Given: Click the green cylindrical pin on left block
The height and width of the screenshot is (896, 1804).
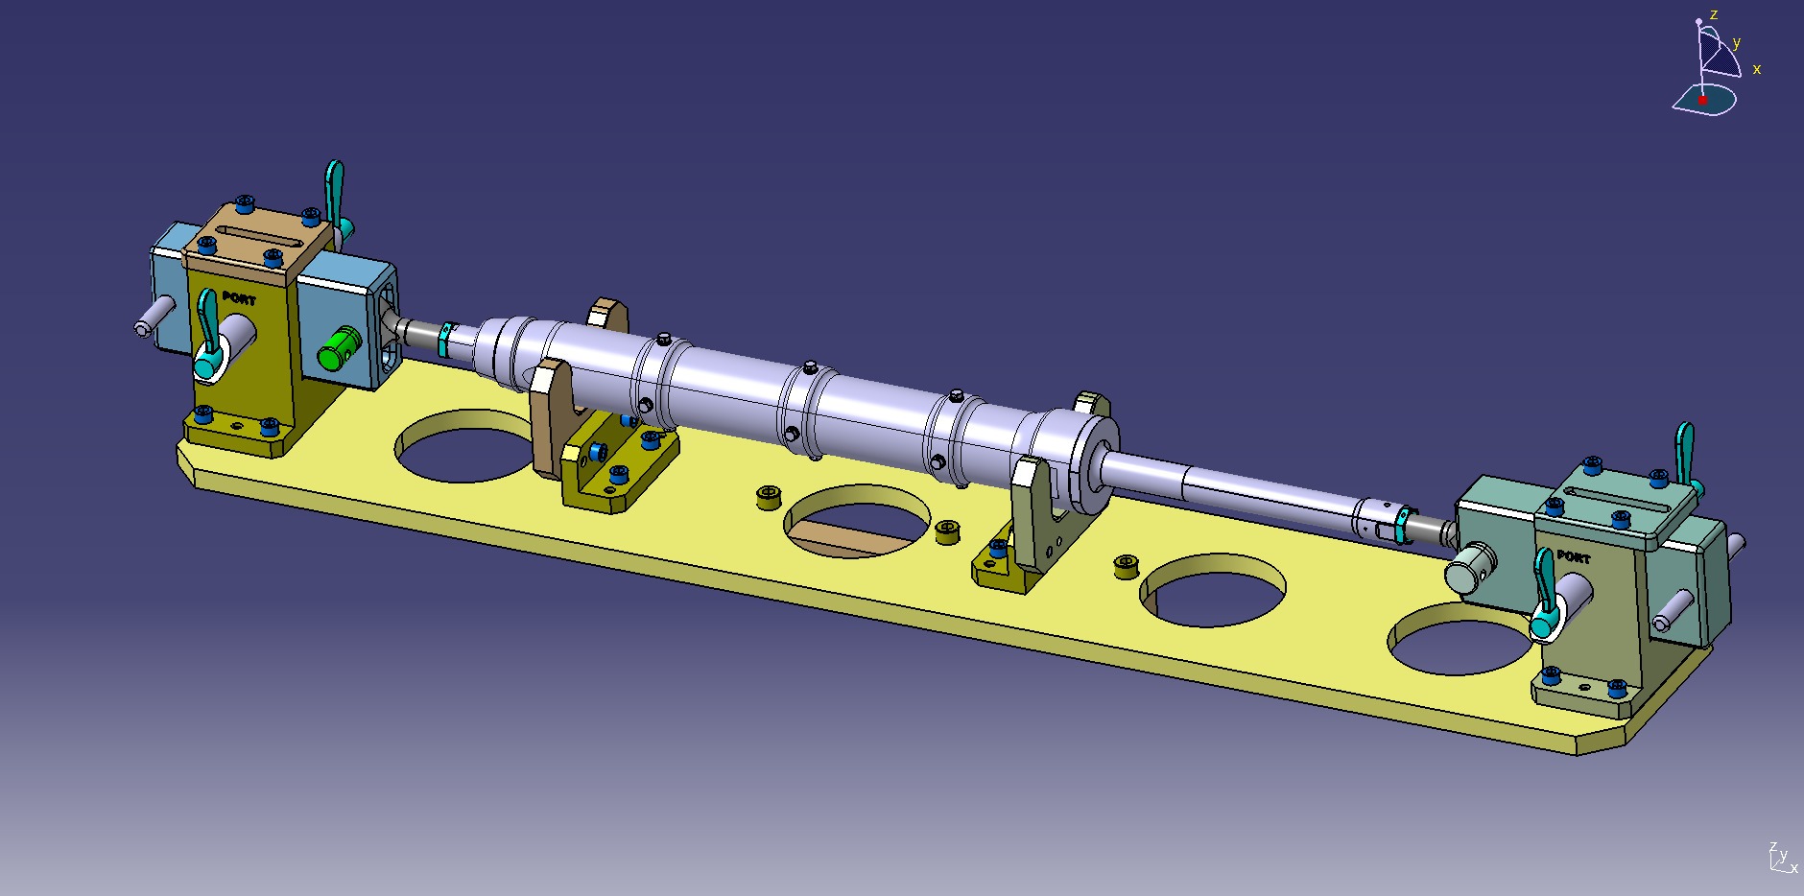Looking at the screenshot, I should point(339,349).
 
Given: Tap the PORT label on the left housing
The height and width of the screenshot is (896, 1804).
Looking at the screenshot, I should point(239,298).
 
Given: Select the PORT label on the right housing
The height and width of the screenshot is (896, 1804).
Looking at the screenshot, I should point(1573,556).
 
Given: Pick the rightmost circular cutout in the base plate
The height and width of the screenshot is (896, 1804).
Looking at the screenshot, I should point(1459,639).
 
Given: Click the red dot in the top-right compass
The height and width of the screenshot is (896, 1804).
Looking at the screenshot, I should point(1702,100).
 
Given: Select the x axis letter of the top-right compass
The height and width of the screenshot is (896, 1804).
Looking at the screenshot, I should point(1757,69).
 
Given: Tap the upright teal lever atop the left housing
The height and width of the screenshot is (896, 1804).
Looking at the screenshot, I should point(334,188).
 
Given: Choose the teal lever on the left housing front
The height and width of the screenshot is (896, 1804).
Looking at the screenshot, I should point(207,331).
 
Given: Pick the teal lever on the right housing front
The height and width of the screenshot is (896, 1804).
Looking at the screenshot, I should point(1544,592).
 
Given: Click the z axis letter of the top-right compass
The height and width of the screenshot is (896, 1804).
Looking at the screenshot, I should point(1713,14).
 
